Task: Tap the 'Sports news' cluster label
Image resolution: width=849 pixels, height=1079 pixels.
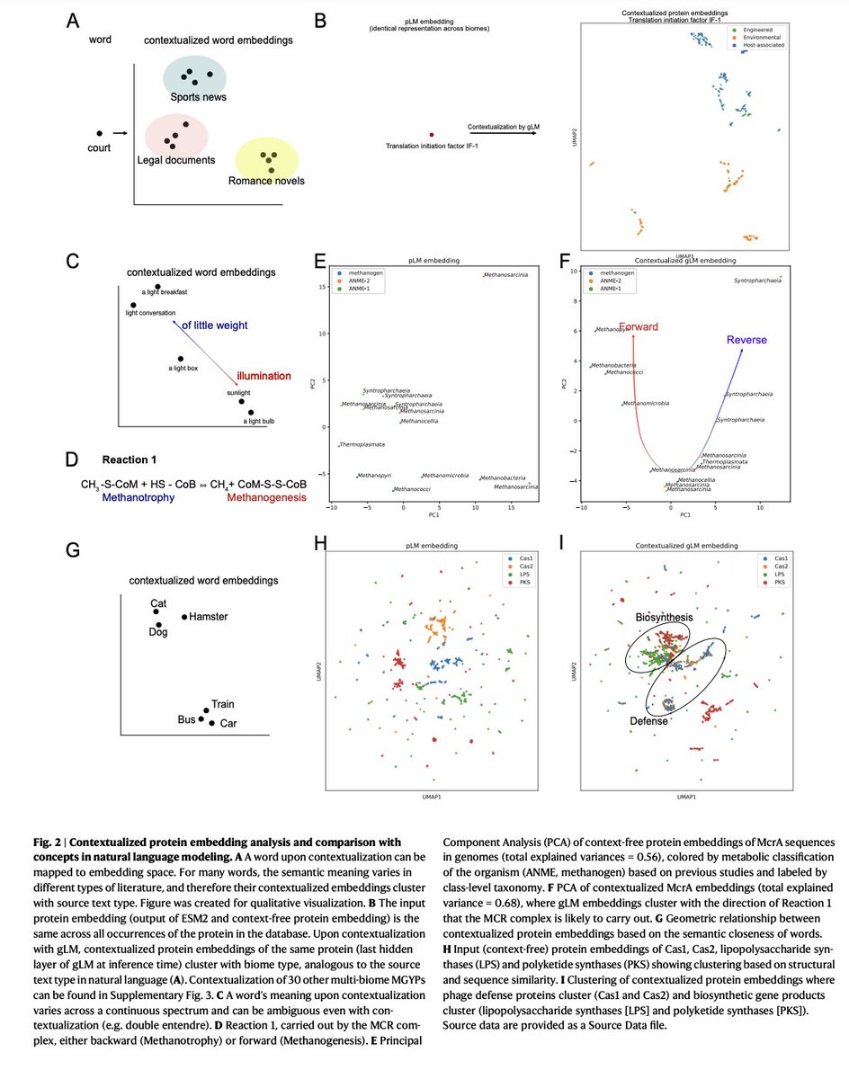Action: [x=199, y=97]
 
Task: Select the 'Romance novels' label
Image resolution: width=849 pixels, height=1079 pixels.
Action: [x=265, y=181]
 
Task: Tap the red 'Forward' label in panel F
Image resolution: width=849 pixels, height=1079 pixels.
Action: [x=638, y=327]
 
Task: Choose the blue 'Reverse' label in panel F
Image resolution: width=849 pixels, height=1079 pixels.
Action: [x=746, y=340]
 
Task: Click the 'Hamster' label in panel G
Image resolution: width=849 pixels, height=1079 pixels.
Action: [x=209, y=617]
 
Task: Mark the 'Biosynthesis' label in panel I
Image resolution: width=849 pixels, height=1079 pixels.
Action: [x=666, y=618]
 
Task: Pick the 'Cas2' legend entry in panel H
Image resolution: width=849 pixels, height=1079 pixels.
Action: [x=526, y=566]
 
